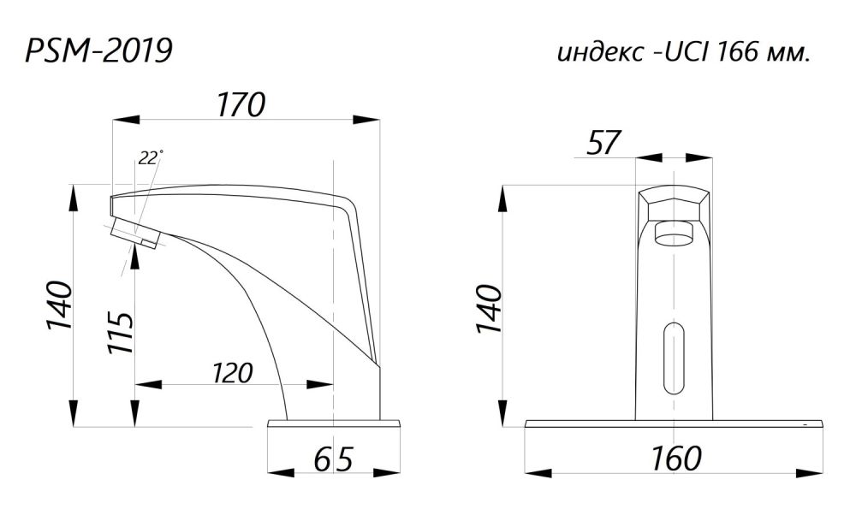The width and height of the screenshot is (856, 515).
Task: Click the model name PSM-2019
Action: [98, 51]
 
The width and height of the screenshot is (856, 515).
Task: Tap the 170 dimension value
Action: [241, 104]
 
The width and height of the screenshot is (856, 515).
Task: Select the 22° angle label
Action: [150, 157]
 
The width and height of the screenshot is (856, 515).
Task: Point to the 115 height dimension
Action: [120, 332]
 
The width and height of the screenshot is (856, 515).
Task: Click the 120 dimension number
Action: [233, 373]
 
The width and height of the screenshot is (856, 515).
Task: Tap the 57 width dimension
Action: [603, 143]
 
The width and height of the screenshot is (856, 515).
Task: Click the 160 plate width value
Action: [676, 459]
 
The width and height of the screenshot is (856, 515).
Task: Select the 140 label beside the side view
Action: [60, 305]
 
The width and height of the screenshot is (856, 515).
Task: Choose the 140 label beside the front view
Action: [489, 309]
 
